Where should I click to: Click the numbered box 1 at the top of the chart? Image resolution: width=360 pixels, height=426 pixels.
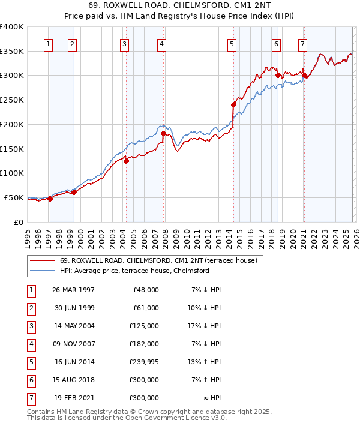pyautogui.click(x=47, y=43)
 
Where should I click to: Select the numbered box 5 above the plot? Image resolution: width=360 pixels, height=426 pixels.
pyautogui.click(x=232, y=43)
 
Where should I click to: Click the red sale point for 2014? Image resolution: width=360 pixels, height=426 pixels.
pyautogui.click(x=234, y=104)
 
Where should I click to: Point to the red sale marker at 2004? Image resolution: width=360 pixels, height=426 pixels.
pyautogui.click(x=127, y=161)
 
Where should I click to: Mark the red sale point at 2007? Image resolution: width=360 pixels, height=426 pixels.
pyautogui.click(x=164, y=133)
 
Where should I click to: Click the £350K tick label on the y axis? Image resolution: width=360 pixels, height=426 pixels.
pyautogui.click(x=11, y=51)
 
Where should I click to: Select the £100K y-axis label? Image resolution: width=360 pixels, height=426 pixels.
pyautogui.click(x=11, y=173)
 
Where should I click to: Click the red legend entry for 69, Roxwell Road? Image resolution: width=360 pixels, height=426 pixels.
pyautogui.click(x=158, y=260)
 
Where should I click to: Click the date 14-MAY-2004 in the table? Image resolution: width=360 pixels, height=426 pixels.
pyautogui.click(x=73, y=326)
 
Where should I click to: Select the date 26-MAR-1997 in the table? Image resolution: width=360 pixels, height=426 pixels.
pyautogui.click(x=73, y=289)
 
